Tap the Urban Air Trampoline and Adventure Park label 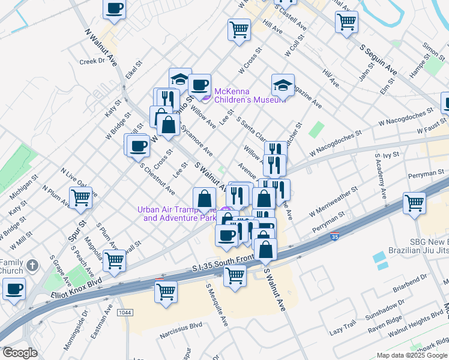(x=176, y=214)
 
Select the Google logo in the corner (x=20, y=353)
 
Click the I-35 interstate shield (x=335, y=238)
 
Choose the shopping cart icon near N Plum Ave (x=80, y=196)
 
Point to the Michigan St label (x=23, y=187)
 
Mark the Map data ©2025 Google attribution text (x=412, y=355)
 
